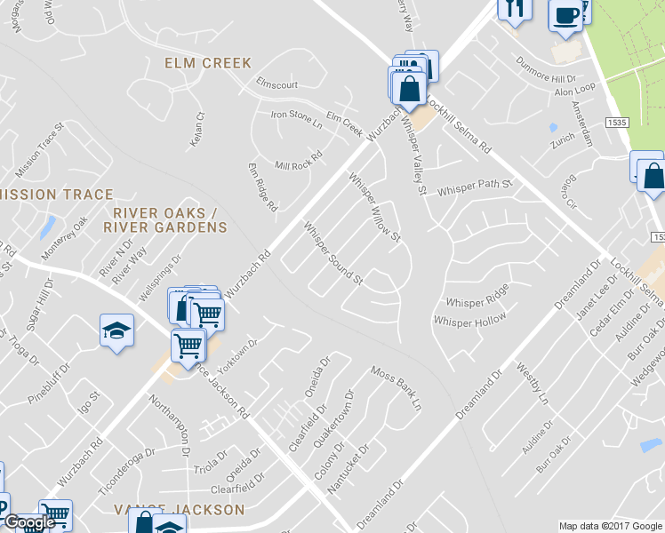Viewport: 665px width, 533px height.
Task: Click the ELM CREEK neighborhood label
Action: (x=208, y=63)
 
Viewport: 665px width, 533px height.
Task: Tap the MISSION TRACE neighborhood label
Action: (x=59, y=195)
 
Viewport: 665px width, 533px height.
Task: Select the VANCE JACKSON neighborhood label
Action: (x=179, y=510)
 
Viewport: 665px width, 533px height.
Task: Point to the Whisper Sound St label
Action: (x=334, y=254)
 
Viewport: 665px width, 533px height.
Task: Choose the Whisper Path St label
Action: (x=476, y=187)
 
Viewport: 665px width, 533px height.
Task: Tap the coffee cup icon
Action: (x=566, y=14)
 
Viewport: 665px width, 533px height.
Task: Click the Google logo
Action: (x=28, y=523)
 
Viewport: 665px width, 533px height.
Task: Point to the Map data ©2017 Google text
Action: (x=609, y=526)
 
